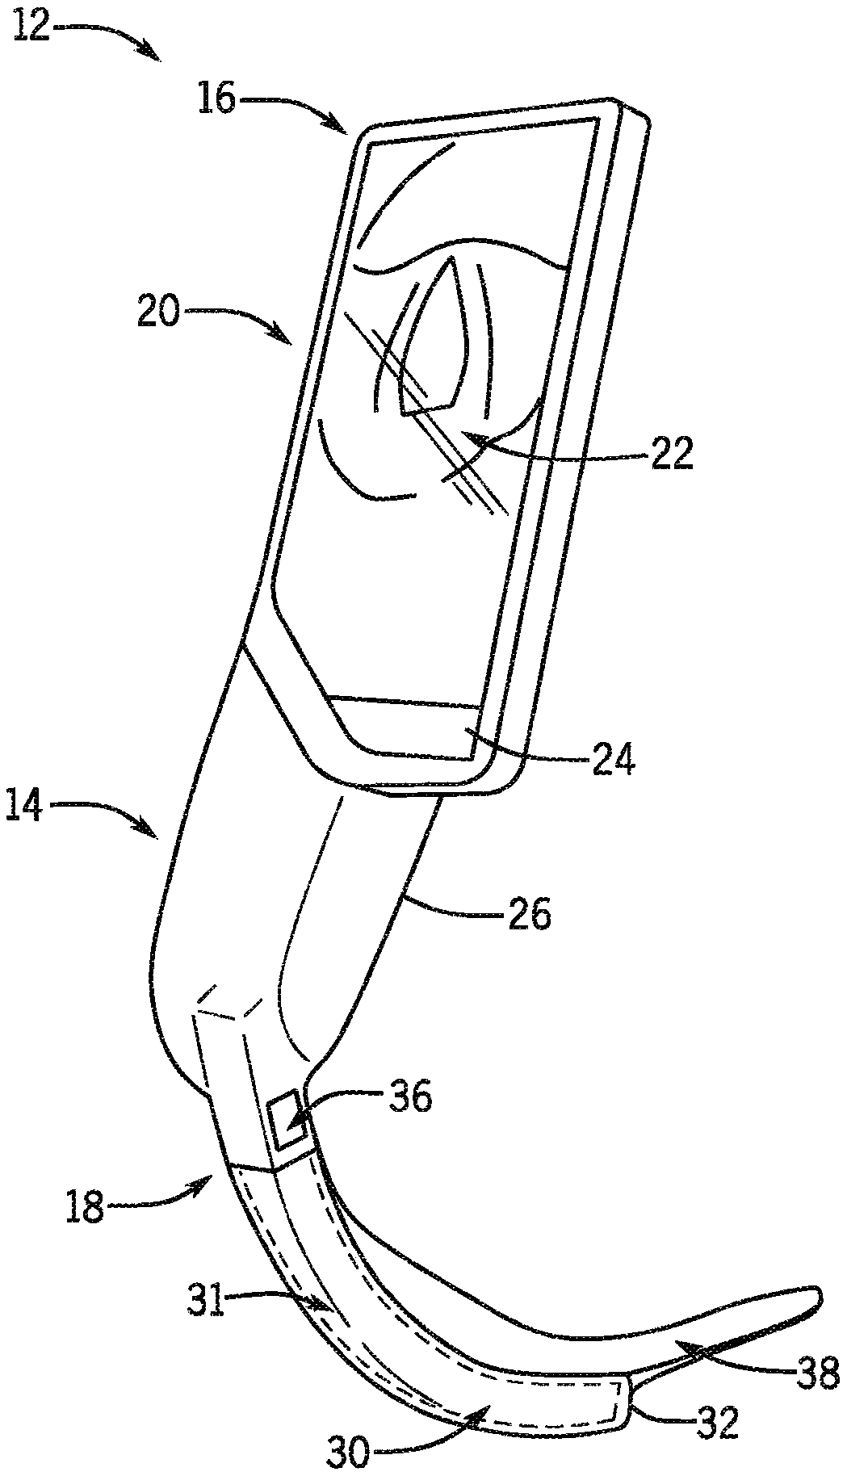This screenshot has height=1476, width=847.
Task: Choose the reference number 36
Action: coord(411,1098)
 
